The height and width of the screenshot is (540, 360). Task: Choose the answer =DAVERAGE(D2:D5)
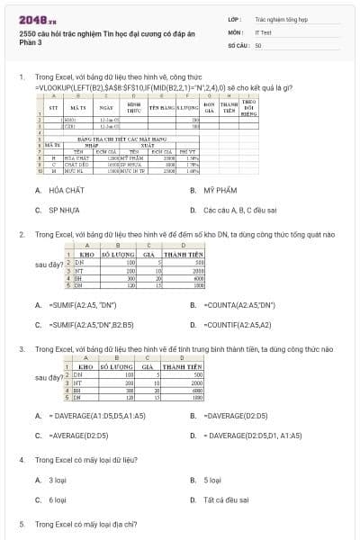(x=236, y=416)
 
